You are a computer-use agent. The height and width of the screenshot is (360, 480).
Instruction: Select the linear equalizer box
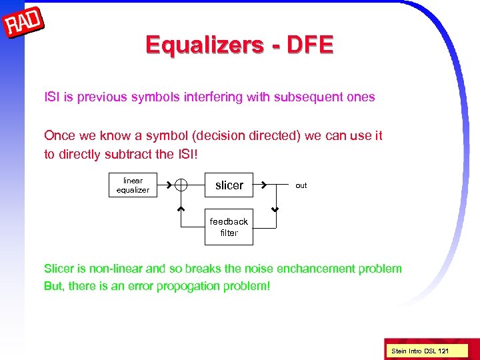point(133,185)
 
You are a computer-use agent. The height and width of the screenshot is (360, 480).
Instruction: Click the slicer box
point(229,185)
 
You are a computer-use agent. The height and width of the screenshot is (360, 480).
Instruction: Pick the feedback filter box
point(229,227)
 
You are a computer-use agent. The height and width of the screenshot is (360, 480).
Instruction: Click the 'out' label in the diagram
point(301,185)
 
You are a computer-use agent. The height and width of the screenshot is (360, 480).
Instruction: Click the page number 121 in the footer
point(443,351)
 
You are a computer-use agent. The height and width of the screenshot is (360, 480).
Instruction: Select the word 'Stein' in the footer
point(398,351)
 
